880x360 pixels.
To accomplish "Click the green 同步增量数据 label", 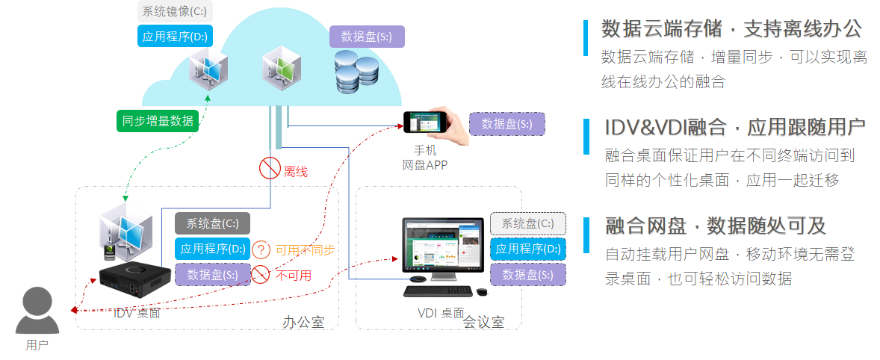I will tap(158, 120).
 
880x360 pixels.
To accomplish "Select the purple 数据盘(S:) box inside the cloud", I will tap(367, 37).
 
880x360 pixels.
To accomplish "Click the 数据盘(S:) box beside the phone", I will tap(507, 124).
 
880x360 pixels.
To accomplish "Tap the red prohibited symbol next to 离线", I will tap(270, 170).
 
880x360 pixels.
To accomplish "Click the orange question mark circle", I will tap(261, 249).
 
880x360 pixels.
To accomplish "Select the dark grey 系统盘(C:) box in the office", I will tap(212, 223).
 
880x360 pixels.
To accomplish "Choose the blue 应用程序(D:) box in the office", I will tap(211, 249).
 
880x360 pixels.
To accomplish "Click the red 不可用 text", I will tap(294, 275).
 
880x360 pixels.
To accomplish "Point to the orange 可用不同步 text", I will tap(306, 249).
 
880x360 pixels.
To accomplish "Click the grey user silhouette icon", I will tap(37, 311).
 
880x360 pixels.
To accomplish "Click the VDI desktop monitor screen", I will tap(443, 246).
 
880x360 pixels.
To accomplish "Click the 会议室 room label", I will tap(483, 323).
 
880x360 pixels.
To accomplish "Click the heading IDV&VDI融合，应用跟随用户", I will tap(734, 127).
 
